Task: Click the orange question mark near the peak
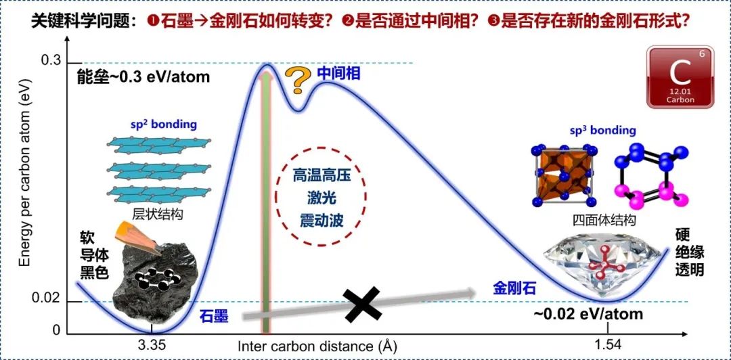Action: [x=297, y=81]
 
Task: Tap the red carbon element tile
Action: [x=680, y=77]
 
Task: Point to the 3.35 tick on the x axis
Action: [x=152, y=344]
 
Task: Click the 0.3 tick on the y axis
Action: [x=51, y=62]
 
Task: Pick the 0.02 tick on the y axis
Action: [x=47, y=298]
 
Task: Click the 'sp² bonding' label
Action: [x=163, y=125]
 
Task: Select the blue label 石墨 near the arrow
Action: [x=214, y=315]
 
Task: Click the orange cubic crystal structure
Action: [x=567, y=175]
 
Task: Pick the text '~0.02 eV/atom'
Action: [x=588, y=314]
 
